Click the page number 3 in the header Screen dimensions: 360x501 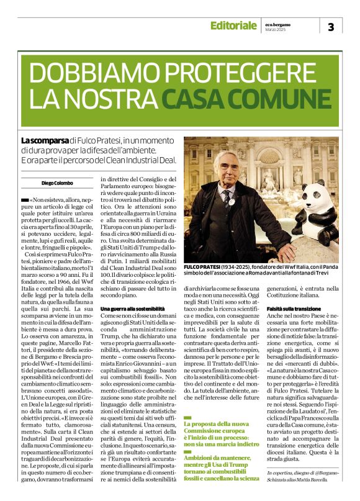click(330, 27)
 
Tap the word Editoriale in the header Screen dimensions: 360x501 click(233, 25)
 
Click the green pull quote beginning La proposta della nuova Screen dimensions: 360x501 click(220, 450)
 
